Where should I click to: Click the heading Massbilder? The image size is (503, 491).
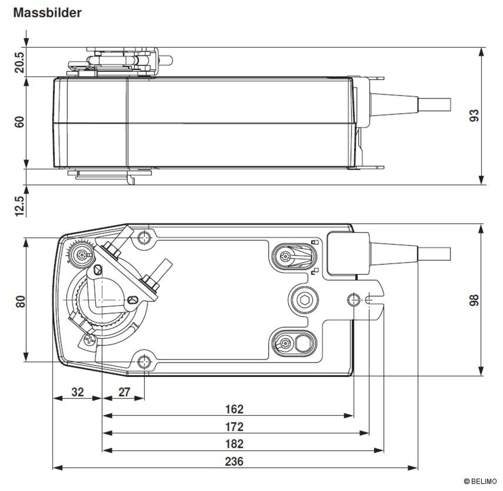tap(47, 14)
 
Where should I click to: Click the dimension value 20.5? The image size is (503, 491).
tap(20, 62)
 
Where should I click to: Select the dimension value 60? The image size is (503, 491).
tap(20, 122)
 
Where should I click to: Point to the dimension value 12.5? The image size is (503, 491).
tap(20, 206)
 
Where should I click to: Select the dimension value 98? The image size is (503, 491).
tap(474, 300)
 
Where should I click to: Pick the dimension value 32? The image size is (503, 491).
tap(77, 392)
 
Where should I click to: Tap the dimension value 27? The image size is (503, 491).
tap(124, 392)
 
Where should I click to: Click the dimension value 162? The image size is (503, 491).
tap(234, 409)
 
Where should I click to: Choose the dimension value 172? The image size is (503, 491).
tap(234, 427)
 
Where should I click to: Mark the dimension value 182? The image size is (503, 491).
tap(234, 444)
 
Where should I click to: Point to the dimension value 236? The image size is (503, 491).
tap(234, 461)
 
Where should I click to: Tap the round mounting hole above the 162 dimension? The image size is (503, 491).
tap(354, 300)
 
